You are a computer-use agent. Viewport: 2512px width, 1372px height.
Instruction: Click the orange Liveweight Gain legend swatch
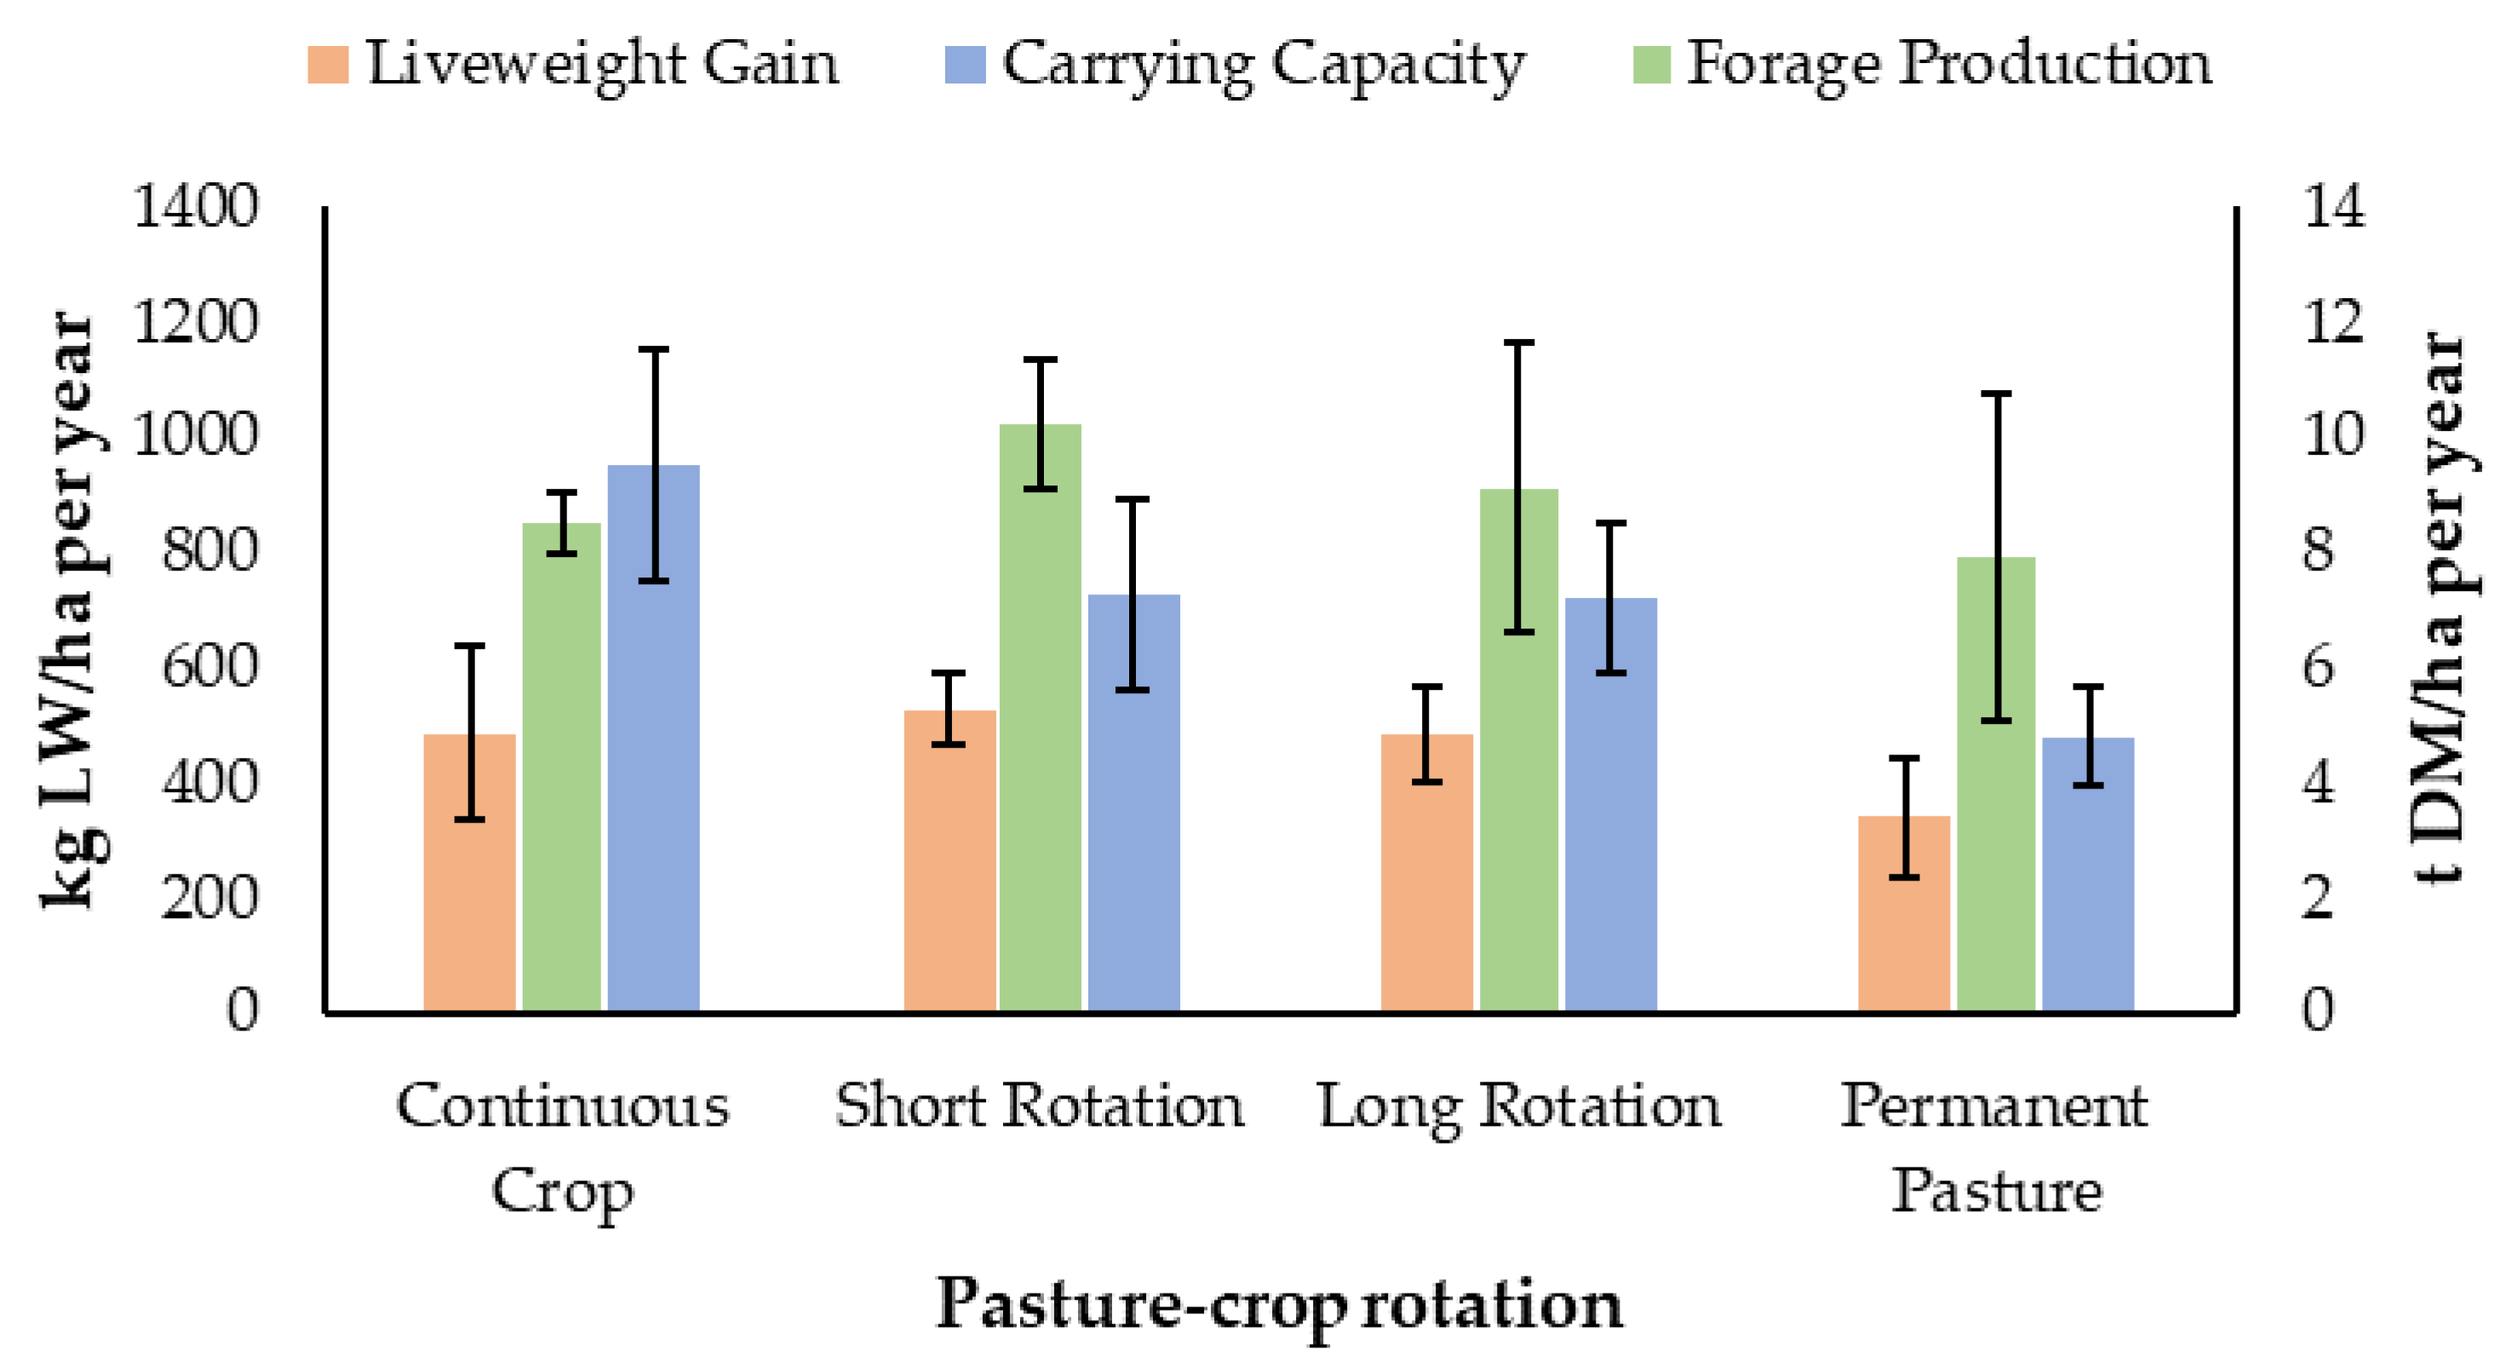click(x=328, y=66)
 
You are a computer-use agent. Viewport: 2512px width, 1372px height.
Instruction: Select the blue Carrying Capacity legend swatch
click(x=965, y=66)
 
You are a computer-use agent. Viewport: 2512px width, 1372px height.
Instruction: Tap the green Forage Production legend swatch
click(x=1652, y=66)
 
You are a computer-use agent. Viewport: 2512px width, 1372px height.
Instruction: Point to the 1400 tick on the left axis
click(x=196, y=207)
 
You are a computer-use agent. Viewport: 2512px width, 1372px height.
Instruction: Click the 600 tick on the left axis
click(x=210, y=668)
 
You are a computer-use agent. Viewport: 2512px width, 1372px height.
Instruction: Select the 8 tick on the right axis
click(x=2319, y=552)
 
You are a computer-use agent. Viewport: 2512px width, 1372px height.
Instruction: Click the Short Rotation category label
click(x=1040, y=1107)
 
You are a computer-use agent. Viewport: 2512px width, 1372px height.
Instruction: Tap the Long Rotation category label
click(x=1519, y=1107)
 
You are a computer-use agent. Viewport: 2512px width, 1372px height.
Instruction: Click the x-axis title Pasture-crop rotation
click(x=1279, y=1305)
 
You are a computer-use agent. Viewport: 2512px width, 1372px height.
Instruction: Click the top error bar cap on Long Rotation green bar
click(x=1518, y=343)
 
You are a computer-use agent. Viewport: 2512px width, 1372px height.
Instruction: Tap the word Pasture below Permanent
click(x=1996, y=1191)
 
